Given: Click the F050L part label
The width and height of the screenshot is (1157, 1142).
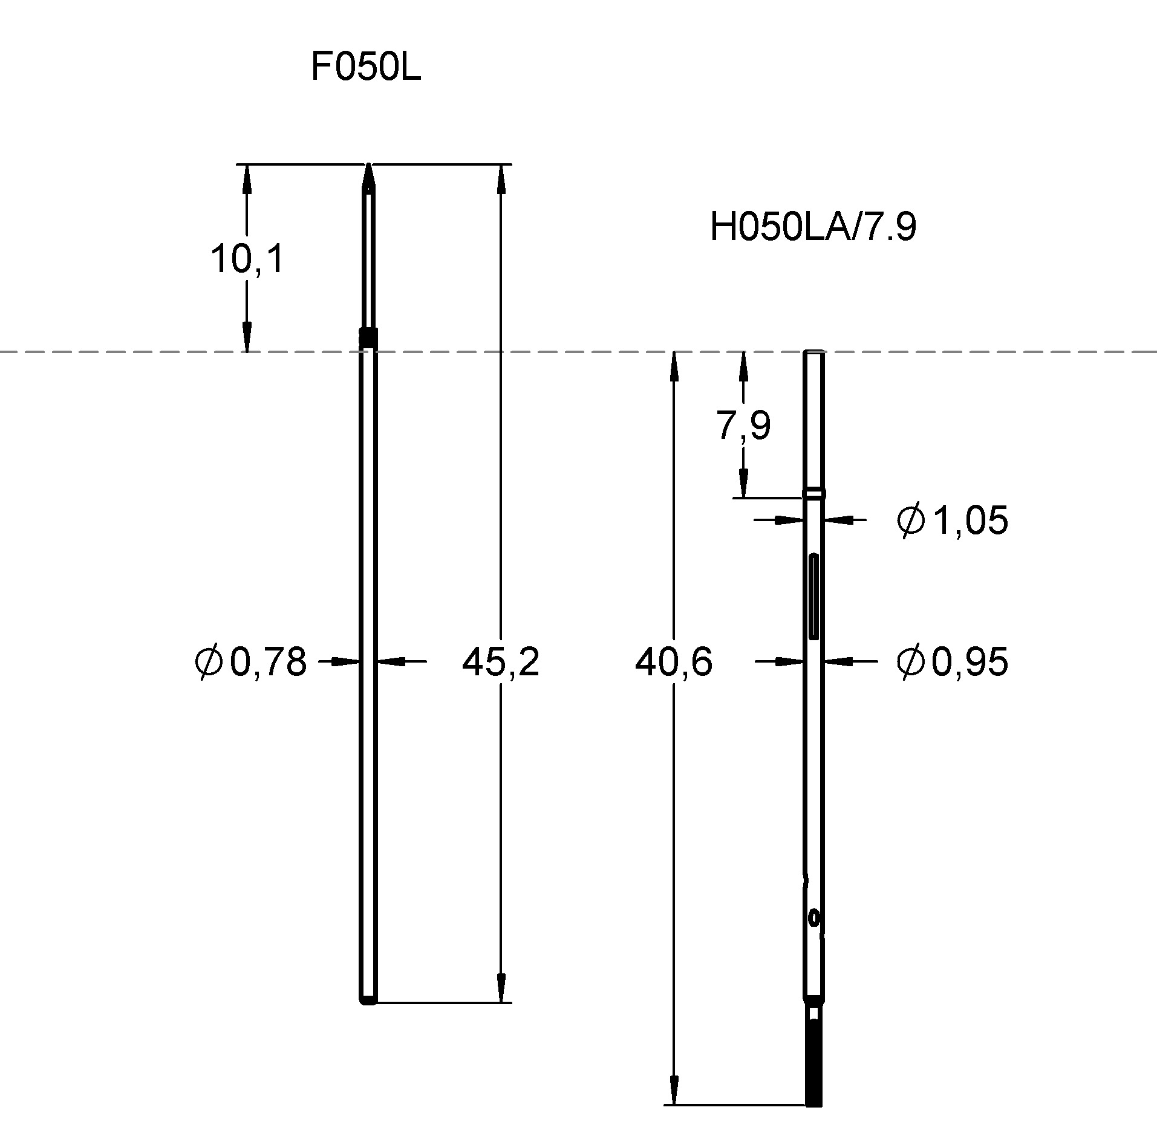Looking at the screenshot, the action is (366, 67).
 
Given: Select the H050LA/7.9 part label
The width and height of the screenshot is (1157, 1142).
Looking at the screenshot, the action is (813, 227).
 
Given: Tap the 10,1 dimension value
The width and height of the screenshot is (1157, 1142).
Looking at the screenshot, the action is (247, 259).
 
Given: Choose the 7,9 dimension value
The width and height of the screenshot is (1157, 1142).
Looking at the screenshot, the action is (744, 425).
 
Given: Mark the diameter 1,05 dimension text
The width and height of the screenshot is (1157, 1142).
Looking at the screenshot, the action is (953, 520).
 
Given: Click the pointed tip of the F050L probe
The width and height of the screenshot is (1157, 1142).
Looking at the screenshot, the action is (368, 164).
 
